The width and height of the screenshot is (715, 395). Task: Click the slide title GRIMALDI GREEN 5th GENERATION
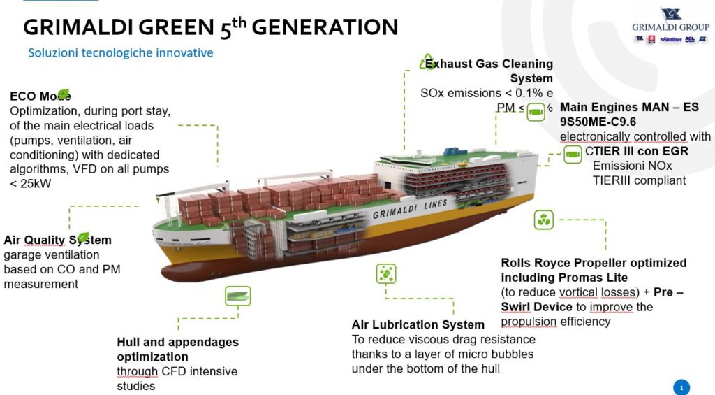(x=210, y=27)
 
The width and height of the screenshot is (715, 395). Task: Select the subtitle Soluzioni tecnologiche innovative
(x=120, y=53)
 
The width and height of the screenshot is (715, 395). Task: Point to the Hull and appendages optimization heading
(x=177, y=349)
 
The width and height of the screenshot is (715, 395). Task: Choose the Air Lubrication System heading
(x=418, y=324)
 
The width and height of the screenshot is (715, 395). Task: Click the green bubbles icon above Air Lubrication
(x=385, y=274)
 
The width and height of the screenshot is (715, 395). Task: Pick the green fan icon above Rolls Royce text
(x=543, y=220)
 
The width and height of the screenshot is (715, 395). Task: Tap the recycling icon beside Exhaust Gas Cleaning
(x=426, y=62)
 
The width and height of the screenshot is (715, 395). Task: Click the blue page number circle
(x=680, y=387)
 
